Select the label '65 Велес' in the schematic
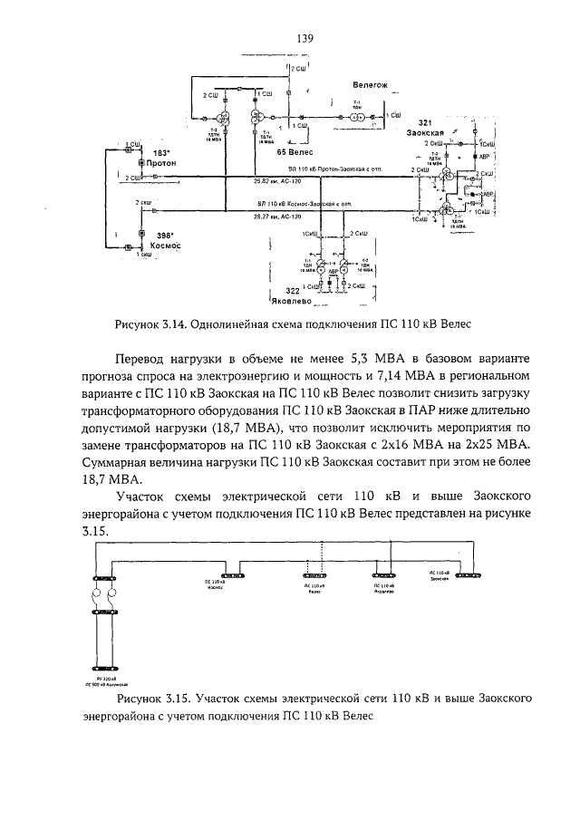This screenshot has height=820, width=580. click(x=294, y=152)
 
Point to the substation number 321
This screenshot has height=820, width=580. click(x=424, y=122)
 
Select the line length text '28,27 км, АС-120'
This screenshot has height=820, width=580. click(x=279, y=217)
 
